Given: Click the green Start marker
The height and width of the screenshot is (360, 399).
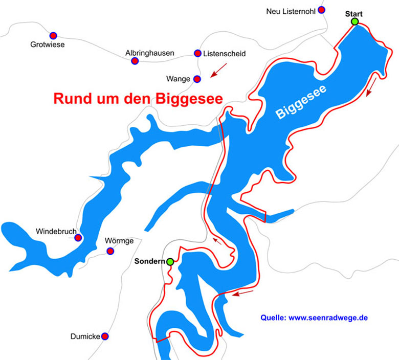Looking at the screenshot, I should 354,21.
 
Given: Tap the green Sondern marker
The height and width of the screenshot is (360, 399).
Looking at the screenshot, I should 170,261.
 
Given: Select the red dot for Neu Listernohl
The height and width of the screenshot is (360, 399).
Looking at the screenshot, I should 321,10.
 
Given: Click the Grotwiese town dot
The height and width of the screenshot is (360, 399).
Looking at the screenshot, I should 53,35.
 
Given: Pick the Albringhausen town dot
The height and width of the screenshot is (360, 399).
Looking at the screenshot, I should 135,61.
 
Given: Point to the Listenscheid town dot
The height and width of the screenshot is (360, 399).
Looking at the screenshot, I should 197,53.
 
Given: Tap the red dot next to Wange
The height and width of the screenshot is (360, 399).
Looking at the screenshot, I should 197,79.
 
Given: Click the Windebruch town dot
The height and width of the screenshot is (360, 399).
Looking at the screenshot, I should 78,238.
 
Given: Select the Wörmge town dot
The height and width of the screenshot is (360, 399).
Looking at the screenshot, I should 110,251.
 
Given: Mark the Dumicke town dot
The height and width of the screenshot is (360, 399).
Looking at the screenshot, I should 105,336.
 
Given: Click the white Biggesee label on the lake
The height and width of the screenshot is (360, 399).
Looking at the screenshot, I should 302,102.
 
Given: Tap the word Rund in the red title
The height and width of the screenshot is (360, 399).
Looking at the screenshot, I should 71,98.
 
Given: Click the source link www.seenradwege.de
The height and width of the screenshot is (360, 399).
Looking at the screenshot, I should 328,318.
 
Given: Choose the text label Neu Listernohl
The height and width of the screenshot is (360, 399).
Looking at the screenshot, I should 290,11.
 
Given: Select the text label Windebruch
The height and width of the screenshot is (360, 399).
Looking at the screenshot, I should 55,232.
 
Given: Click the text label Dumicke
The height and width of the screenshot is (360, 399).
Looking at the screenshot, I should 85,336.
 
